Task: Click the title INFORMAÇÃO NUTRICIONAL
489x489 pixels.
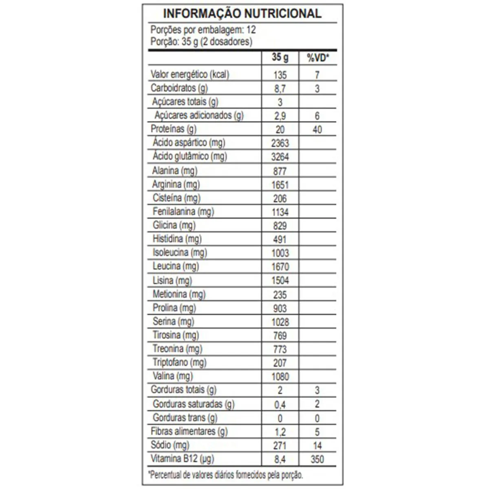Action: pyautogui.click(x=242, y=13)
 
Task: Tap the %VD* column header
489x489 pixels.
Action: pyautogui.click(x=318, y=58)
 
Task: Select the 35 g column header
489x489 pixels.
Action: pyautogui.click(x=280, y=57)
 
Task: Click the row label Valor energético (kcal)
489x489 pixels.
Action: pyautogui.click(x=190, y=75)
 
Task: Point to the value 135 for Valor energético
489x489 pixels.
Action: pyautogui.click(x=280, y=75)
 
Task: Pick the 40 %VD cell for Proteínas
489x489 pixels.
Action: pyautogui.click(x=317, y=130)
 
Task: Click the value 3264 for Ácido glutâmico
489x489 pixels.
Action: pyautogui.click(x=280, y=157)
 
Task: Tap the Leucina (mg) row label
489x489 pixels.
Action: pyautogui.click(x=176, y=267)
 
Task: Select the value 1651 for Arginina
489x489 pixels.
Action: pyautogui.click(x=280, y=185)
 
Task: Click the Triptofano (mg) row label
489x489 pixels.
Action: pyautogui.click(x=179, y=362)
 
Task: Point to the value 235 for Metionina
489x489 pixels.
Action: pyautogui.click(x=280, y=295)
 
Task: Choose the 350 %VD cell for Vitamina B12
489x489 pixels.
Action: pyautogui.click(x=317, y=460)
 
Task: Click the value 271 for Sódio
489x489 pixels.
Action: pyautogui.click(x=280, y=446)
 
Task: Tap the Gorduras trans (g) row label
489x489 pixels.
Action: pyautogui.click(x=185, y=418)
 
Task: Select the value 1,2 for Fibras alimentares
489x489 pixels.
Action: pyautogui.click(x=280, y=432)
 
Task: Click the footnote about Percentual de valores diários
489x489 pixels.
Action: pyautogui.click(x=227, y=475)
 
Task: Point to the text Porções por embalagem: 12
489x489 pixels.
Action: pyautogui.click(x=203, y=30)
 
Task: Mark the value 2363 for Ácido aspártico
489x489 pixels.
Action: pyautogui.click(x=280, y=143)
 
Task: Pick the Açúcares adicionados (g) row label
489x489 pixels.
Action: pyautogui.click(x=199, y=115)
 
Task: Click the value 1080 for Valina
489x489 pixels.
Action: pyautogui.click(x=280, y=377)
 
